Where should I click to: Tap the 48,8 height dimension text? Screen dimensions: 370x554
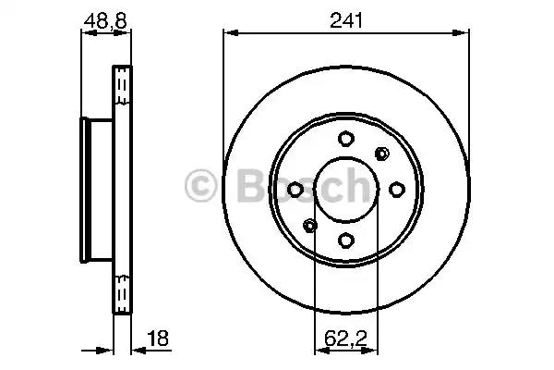point(102,17)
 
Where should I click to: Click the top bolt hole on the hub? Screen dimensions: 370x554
point(345,140)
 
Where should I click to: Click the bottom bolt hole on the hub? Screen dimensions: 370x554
point(345,240)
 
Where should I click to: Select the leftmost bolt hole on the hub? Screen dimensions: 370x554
point(295,190)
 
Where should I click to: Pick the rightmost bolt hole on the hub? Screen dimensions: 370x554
point(396,190)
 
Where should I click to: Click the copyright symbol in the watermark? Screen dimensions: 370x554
point(199,186)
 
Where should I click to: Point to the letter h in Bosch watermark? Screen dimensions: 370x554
point(355,186)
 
